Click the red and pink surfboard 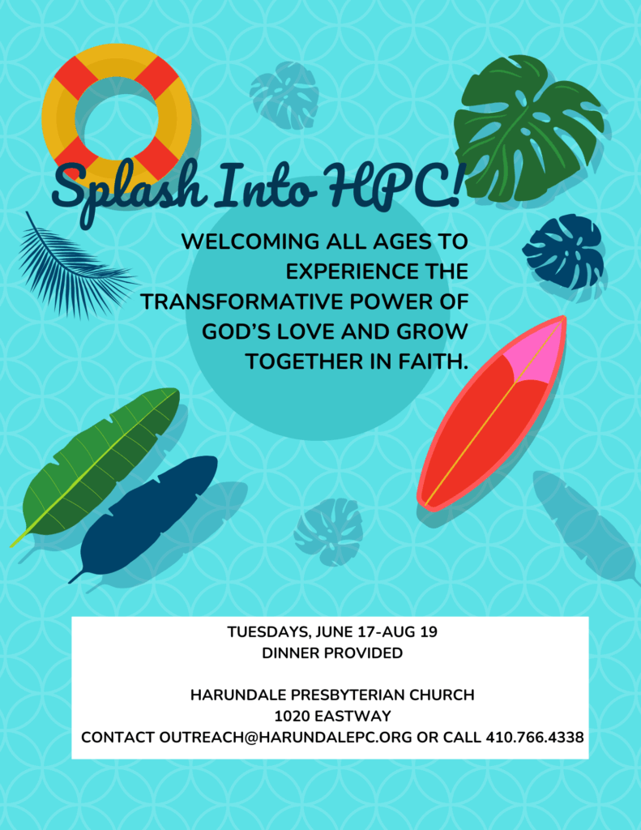tap(491, 413)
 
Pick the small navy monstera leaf tap(564, 251)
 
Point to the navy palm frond tap(74, 267)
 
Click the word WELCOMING tap(250, 242)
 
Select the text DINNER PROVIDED tap(332, 653)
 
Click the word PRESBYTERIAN tap(346, 695)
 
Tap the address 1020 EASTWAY tap(332, 717)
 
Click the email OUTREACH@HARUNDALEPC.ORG tap(285, 738)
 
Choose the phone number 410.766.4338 tap(535, 738)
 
